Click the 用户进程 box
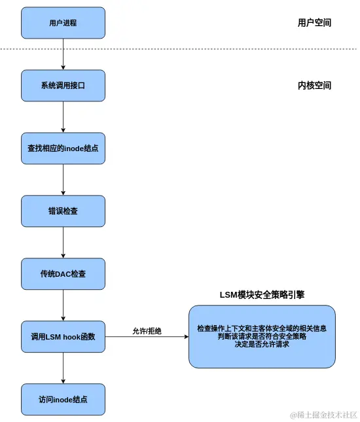pyautogui.click(x=63, y=23)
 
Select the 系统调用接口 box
pyautogui.click(x=63, y=86)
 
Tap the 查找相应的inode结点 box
pyautogui.click(x=63, y=149)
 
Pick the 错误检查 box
pyautogui.click(x=63, y=211)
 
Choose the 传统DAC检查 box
pyautogui.click(x=63, y=274)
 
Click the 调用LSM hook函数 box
pyautogui.click(x=63, y=337)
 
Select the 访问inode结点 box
pyautogui.click(x=63, y=399)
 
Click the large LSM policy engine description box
pyautogui.click(x=262, y=336)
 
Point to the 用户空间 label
pyautogui.click(x=314, y=23)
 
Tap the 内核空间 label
pyautogui.click(x=314, y=86)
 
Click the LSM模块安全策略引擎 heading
pyautogui.click(x=262, y=295)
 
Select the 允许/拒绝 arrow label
pyautogui.click(x=147, y=331)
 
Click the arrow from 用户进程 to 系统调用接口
pyautogui.click(x=63, y=54)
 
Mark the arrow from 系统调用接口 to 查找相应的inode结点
pyautogui.click(x=63, y=117)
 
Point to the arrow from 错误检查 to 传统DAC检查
pyautogui.click(x=63, y=243)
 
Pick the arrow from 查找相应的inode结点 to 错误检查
pyautogui.click(x=63, y=180)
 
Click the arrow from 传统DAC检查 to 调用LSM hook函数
pyautogui.click(x=63, y=306)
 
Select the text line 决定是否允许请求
pyautogui.click(x=262, y=344)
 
